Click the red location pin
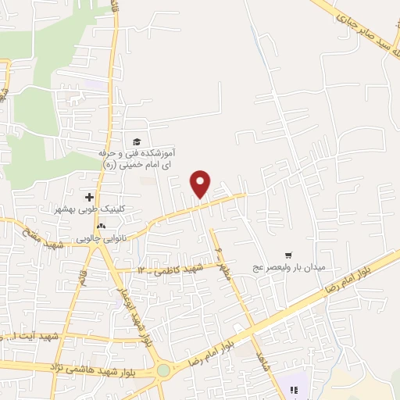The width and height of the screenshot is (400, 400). (202, 184)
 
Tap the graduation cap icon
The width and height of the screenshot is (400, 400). (137, 141)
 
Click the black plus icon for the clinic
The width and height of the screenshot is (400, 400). (89, 197)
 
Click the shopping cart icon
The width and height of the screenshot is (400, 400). (288, 255)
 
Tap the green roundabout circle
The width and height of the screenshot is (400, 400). (162, 370)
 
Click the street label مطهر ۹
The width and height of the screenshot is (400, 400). (222, 262)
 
